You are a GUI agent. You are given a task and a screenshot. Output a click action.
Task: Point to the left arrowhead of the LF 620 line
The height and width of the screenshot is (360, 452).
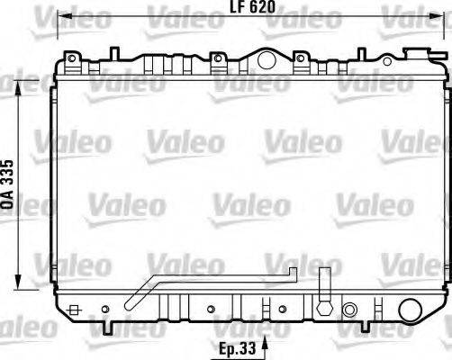click(x=63, y=16)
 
